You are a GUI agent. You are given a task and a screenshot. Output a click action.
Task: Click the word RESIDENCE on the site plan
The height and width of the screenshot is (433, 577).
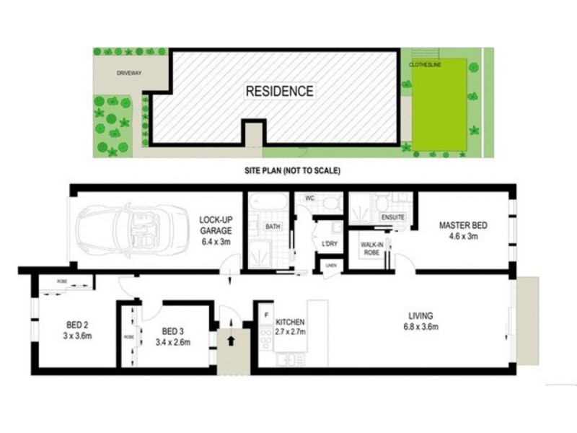(280, 92)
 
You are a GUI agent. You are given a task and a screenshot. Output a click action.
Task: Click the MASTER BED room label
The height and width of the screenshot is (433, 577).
(463, 229)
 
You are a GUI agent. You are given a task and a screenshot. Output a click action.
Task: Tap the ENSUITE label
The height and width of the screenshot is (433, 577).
(392, 216)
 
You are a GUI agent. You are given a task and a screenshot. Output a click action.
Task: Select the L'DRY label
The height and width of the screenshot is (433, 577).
(330, 243)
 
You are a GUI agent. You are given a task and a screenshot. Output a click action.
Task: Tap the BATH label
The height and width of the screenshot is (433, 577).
(273, 227)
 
